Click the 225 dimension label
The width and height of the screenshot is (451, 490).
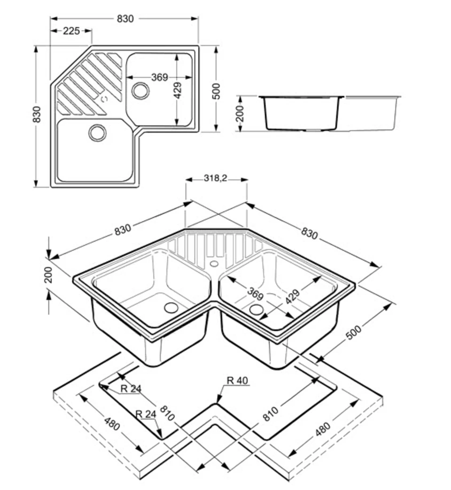71,31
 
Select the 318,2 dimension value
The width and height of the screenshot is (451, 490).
216,178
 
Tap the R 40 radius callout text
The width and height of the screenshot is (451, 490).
237,381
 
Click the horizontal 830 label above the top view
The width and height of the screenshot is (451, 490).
125,19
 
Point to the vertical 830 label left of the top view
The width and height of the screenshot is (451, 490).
37,115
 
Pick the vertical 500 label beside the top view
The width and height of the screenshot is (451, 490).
216,91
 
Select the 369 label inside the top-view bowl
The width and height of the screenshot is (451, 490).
160,77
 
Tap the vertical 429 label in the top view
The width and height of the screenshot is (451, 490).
177,90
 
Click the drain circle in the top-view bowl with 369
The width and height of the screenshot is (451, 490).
140,91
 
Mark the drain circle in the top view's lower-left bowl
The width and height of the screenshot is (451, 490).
97,133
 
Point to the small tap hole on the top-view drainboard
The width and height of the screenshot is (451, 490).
104,99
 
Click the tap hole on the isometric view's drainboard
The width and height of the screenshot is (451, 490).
214,264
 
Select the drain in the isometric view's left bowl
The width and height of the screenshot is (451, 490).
171,307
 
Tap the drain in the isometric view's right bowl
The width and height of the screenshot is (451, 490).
257,309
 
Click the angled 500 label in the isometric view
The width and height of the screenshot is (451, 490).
354,332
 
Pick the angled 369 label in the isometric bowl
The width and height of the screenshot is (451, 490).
255,294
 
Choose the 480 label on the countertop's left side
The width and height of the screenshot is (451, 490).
112,424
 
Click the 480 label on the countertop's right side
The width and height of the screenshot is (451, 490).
323,429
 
